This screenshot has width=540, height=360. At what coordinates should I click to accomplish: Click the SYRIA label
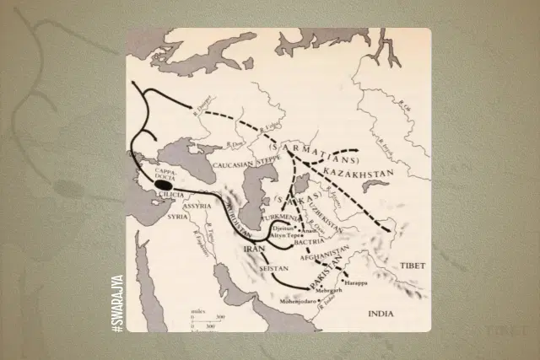pos(178,216)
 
